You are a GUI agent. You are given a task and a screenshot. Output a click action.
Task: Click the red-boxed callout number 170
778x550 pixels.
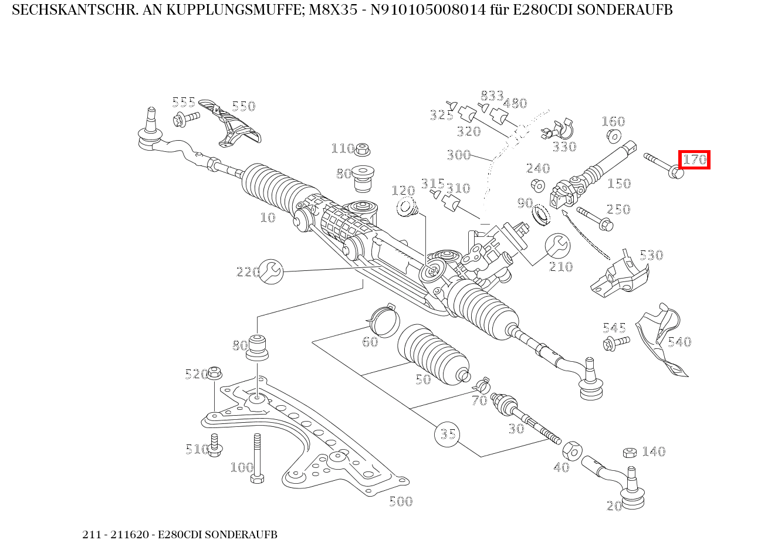695,159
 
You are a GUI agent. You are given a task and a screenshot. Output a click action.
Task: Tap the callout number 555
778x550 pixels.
183,103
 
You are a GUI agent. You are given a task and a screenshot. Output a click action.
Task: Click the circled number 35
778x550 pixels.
447,434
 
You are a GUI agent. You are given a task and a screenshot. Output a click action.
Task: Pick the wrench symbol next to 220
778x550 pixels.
271,271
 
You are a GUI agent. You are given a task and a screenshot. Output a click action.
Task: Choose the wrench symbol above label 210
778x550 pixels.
557,246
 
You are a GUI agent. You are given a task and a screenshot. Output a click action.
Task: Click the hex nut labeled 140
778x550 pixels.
630,452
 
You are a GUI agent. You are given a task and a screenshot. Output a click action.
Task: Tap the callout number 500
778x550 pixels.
401,501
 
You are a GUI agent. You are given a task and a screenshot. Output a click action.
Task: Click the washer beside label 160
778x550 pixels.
613,137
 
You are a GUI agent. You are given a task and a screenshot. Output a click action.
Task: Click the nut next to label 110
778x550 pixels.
362,150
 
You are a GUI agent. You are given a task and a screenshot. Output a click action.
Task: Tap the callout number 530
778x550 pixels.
651,255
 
